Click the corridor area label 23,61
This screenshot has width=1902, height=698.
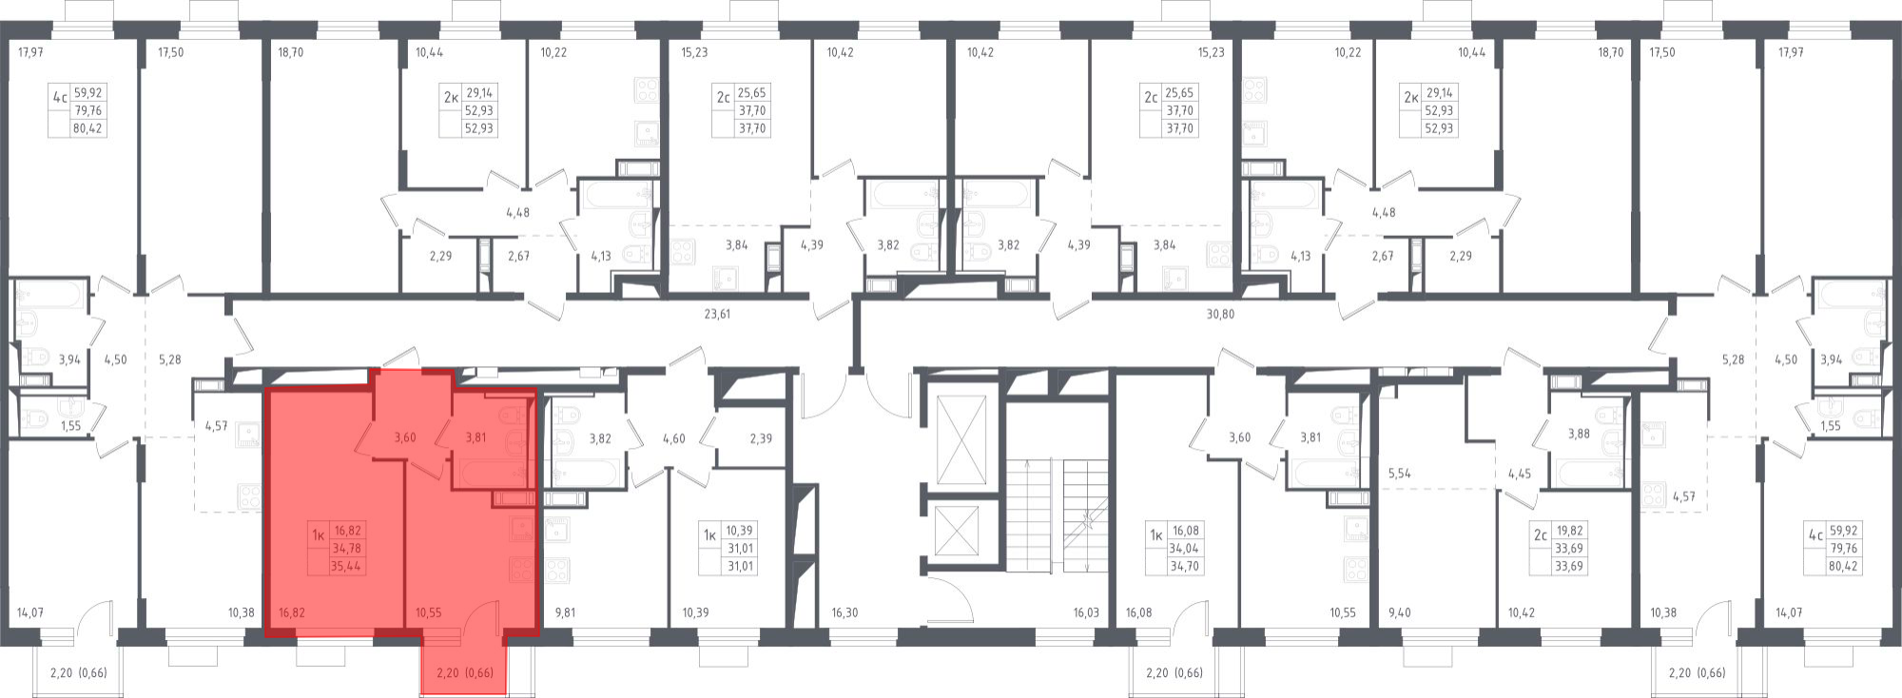716,313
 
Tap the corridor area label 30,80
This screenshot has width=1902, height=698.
1220,313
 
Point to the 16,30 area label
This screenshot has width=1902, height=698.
844,612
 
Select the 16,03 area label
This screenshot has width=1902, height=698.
1086,612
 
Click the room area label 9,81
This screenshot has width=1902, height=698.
565,612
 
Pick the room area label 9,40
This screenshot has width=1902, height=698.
1400,612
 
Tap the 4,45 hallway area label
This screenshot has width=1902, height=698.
1521,473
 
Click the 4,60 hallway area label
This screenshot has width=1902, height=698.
673,438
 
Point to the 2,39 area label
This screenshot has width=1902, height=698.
761,438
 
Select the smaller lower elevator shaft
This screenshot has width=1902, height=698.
963,532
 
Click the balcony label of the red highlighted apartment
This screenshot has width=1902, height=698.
464,673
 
